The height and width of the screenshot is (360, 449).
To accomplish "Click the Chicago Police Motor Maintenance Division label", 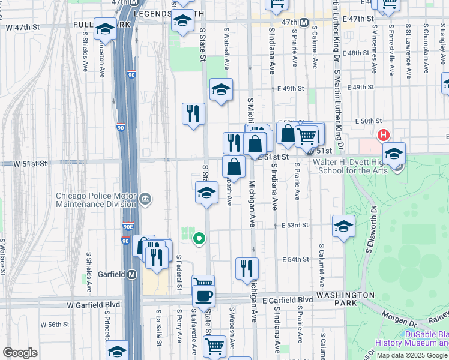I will pyautogui.click(x=96, y=200).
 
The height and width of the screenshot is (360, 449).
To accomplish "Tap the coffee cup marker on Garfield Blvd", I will pyautogui.click(x=203, y=295).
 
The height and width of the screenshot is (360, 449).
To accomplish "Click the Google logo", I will pyautogui.click(x=20, y=352).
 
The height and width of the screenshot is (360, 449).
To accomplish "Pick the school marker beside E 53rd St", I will pyautogui.click(x=343, y=226).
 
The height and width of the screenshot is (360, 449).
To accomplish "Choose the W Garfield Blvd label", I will pyautogui.click(x=94, y=305).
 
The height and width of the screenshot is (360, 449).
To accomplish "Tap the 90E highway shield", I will pyautogui.click(x=127, y=227).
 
